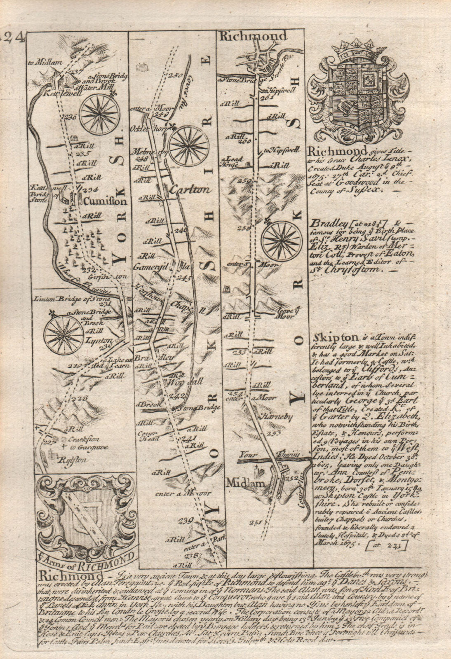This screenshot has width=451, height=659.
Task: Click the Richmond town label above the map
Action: (x=253, y=37)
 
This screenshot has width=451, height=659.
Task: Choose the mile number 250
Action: (x=175, y=75)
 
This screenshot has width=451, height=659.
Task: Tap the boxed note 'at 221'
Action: (x=389, y=546)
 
